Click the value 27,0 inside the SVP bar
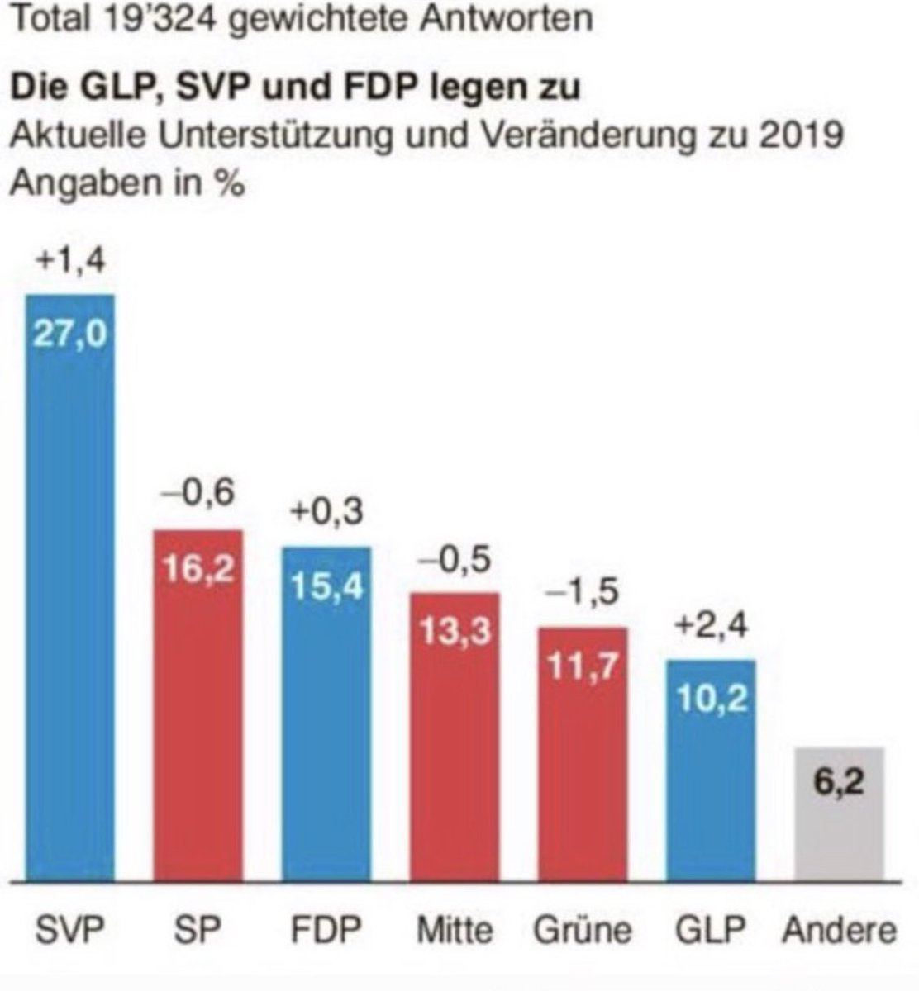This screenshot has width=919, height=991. click(x=70, y=335)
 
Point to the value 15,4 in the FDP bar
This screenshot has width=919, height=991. click(x=327, y=587)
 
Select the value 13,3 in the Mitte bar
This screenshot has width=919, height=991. click(x=455, y=633)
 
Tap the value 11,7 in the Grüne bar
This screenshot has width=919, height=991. click(x=583, y=667)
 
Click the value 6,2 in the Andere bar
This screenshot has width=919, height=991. click(x=838, y=781)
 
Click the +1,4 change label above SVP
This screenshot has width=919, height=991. click(x=70, y=262)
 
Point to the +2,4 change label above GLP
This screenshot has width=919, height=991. click(x=712, y=626)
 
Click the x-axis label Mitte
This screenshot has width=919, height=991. click(x=455, y=930)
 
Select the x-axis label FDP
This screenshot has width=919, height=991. click(x=326, y=930)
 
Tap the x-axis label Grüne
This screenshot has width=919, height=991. click(x=583, y=930)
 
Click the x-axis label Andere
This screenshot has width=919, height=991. click(x=839, y=930)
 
